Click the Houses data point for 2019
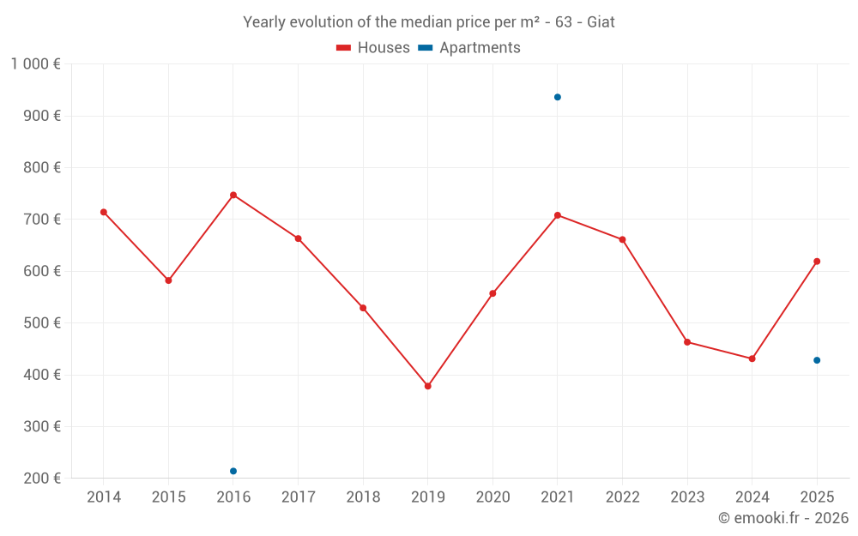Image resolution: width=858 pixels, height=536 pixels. pyautogui.click(x=428, y=386)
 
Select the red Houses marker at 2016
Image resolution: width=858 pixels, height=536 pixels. pyautogui.click(x=233, y=195)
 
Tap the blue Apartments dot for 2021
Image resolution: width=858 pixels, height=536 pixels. pyautogui.click(x=558, y=98)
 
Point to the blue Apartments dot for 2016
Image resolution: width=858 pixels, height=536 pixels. pyautogui.click(x=233, y=471)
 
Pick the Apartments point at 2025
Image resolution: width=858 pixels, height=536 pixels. pyautogui.click(x=817, y=360)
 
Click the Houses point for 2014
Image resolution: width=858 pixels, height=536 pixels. pyautogui.click(x=104, y=212)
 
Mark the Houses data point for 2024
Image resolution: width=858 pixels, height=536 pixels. pyautogui.click(x=752, y=358)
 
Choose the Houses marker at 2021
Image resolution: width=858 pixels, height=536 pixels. pyautogui.click(x=558, y=215)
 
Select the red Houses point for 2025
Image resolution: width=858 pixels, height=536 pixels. pyautogui.click(x=817, y=262)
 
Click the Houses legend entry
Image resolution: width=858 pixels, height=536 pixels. pyautogui.click(x=373, y=47)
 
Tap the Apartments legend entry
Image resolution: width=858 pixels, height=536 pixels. pyautogui.click(x=469, y=47)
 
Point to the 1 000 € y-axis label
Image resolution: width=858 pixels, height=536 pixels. pyautogui.click(x=35, y=64)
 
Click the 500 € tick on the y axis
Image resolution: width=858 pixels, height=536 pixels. pyautogui.click(x=41, y=322)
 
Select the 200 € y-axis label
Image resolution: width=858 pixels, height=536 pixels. pyautogui.click(x=41, y=478)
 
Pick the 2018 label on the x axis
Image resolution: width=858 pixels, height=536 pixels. pyautogui.click(x=363, y=497)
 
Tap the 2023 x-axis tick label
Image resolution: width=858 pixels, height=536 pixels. pyautogui.click(x=687, y=497)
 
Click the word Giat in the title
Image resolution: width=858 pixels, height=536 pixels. pyautogui.click(x=601, y=22)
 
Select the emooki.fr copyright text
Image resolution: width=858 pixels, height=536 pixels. pyautogui.click(x=783, y=518)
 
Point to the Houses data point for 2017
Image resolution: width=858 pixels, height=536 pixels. pyautogui.click(x=299, y=238)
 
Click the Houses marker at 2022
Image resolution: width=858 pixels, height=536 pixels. pyautogui.click(x=622, y=239)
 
